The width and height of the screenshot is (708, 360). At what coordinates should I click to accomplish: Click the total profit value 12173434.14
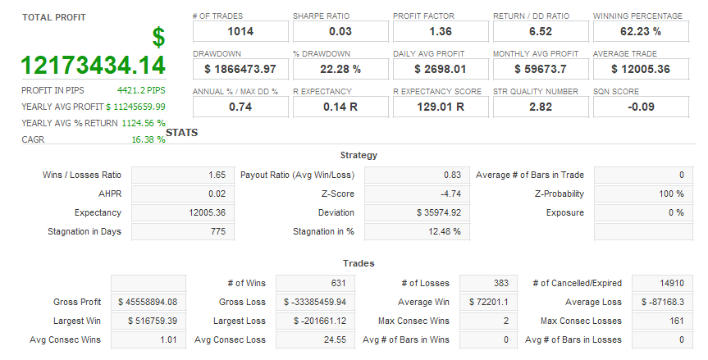coord(93,65)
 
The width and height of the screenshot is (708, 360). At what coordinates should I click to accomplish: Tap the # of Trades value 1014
coord(240,31)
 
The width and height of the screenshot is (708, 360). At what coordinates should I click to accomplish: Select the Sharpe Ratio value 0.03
coord(340,31)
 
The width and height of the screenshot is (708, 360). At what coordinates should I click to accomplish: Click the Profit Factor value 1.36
coord(441,31)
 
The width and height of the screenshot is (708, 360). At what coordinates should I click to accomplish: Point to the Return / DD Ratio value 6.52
coord(541,31)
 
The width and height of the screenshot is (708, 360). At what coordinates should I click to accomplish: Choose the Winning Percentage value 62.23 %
coord(641,31)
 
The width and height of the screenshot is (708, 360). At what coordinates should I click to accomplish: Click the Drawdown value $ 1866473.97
coord(240,69)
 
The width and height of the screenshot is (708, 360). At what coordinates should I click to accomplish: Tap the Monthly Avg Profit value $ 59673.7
coord(541,69)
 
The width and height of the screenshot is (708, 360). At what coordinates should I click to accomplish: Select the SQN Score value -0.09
coord(641,107)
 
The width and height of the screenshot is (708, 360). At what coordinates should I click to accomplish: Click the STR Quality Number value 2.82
coord(541,107)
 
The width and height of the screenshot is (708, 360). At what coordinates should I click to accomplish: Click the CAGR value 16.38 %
coord(148,139)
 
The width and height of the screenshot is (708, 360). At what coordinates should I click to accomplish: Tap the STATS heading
coord(181,132)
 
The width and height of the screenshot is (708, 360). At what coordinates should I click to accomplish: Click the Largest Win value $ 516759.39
coord(148,321)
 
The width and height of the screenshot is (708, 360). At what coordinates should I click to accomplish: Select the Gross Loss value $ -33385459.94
coord(316,302)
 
